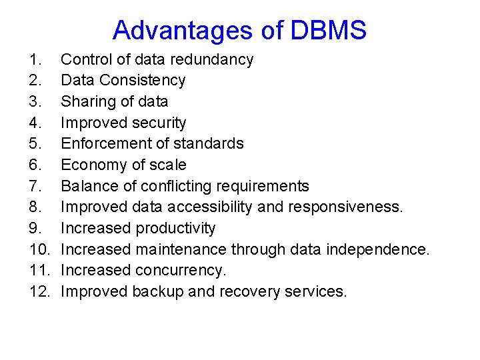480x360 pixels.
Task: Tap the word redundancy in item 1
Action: (211, 59)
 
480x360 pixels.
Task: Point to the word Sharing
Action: (87, 101)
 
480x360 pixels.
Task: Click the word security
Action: (159, 123)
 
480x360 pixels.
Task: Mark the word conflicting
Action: (174, 186)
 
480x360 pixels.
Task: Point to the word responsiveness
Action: (345, 207)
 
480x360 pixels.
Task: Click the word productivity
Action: (175, 228)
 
